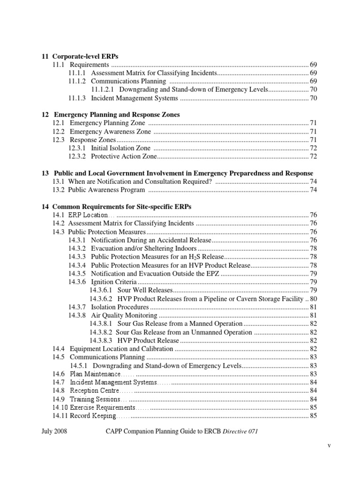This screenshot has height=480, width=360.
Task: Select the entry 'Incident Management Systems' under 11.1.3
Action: pyautogui.click(x=135, y=98)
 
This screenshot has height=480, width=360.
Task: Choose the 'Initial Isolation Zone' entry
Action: pyautogui.click(x=120, y=148)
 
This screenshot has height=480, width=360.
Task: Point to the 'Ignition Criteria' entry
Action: pyautogui.click(x=114, y=282)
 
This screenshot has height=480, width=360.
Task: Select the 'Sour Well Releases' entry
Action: pyautogui.click(x=145, y=290)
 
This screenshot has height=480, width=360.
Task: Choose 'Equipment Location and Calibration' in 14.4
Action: pyautogui.click(x=121, y=349)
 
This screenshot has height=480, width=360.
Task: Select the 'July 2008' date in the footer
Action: pyautogui.click(x=54, y=432)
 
